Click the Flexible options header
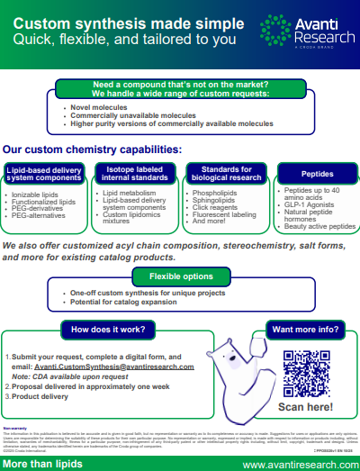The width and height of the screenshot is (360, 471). (x=181, y=276)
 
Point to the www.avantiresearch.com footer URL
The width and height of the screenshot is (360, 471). (x=298, y=464)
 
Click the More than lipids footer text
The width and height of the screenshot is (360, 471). (x=39, y=464)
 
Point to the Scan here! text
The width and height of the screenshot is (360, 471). (x=307, y=406)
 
